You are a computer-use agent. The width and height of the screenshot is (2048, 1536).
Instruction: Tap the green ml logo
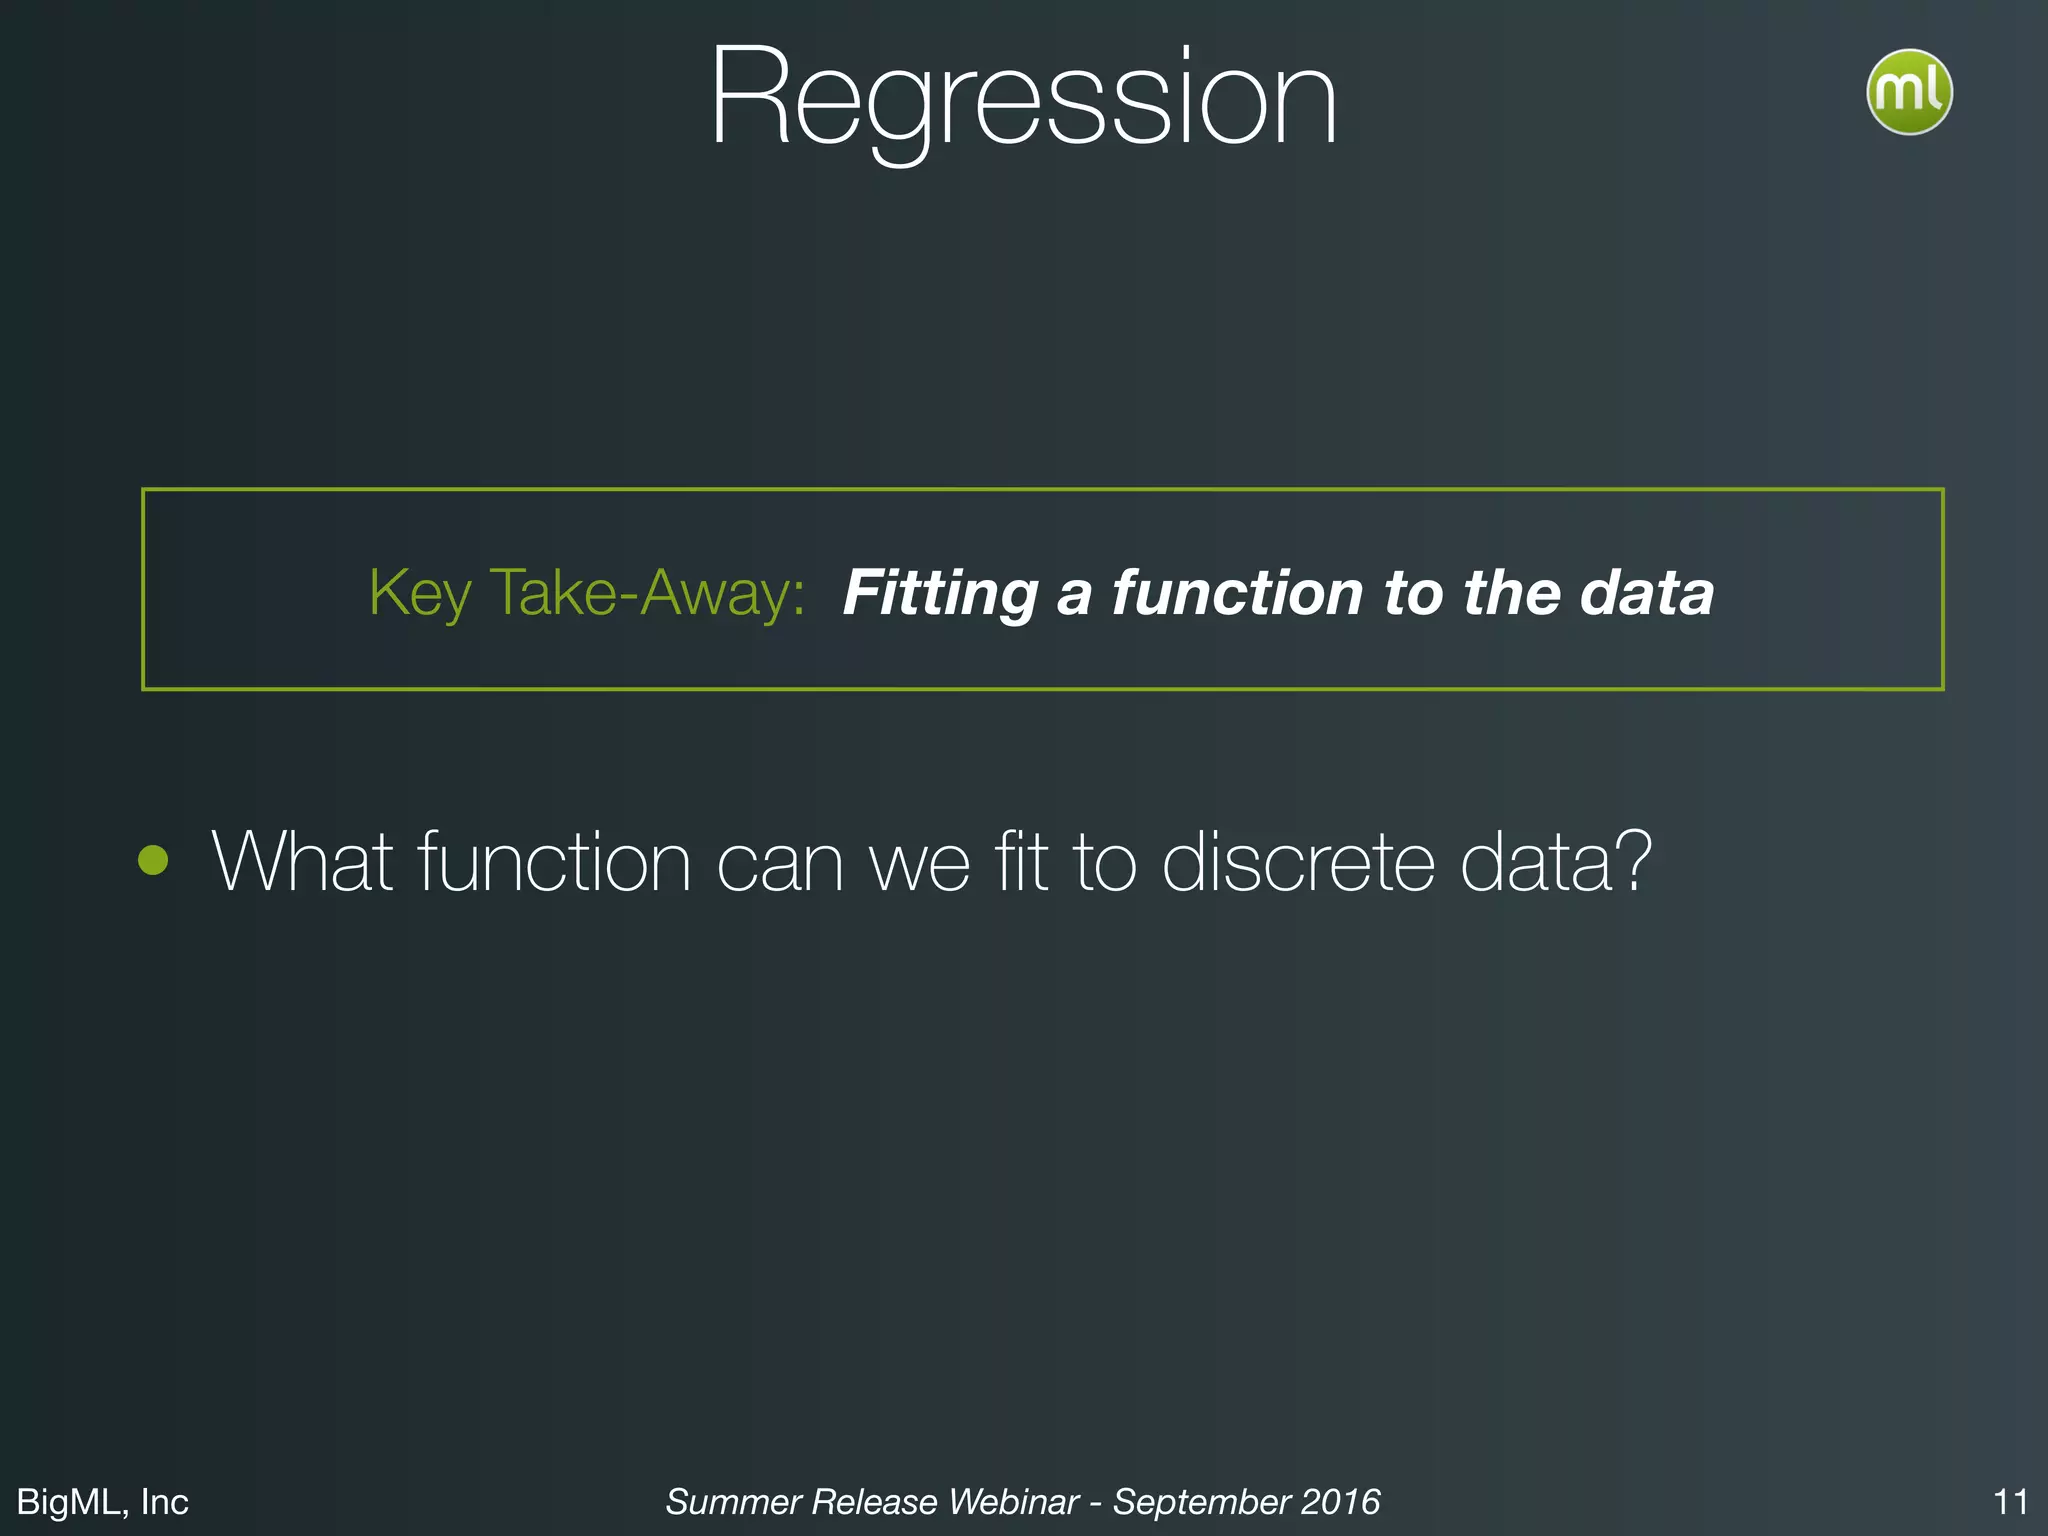1908,92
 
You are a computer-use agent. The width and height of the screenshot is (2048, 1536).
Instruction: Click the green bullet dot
153,860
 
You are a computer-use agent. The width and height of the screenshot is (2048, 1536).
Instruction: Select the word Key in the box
419,593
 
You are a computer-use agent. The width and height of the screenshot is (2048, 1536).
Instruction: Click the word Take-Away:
647,593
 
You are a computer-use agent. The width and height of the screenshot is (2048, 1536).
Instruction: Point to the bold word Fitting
940,593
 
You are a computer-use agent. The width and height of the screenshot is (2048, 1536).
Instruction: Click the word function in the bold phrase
1237,593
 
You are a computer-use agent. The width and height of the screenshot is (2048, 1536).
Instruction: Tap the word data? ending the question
1555,861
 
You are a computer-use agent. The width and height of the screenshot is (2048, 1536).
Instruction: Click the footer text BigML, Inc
103,1501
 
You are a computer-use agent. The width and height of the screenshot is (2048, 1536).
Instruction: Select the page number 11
2010,1501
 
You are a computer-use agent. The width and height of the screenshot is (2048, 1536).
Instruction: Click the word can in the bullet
780,861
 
